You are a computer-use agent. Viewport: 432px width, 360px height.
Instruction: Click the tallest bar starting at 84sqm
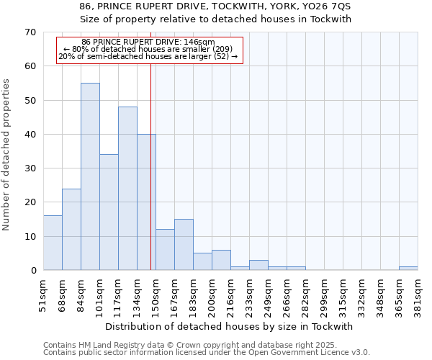coord(90,176)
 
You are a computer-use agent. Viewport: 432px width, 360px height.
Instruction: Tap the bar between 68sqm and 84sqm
coord(71,229)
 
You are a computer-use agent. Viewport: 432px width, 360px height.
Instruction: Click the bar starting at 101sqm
coord(109,212)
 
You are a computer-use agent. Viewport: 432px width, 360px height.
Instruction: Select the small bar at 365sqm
coord(408,269)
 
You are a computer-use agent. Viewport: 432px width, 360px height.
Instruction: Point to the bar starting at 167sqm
coord(184,245)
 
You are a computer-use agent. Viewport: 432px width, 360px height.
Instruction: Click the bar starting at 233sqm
coord(258,265)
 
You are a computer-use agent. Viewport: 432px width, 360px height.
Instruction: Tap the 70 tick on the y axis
coord(30,32)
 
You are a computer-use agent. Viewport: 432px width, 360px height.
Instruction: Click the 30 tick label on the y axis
coord(30,168)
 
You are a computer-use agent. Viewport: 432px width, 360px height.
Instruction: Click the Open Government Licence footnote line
coord(207,353)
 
